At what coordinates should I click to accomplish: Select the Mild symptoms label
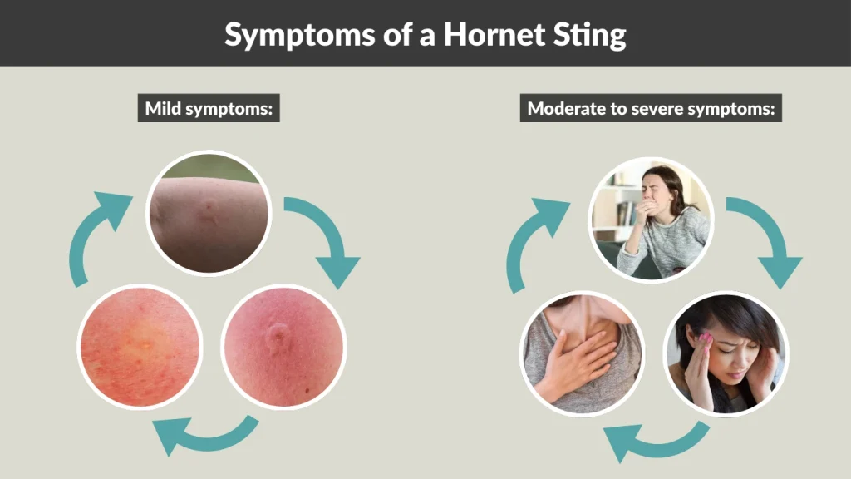coord(209,108)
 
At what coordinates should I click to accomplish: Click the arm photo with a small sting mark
coord(209,212)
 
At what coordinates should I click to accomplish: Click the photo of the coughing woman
coord(651,218)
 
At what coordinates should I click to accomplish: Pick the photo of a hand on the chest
coord(582,353)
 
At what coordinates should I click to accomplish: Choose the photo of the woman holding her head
coord(726,353)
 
